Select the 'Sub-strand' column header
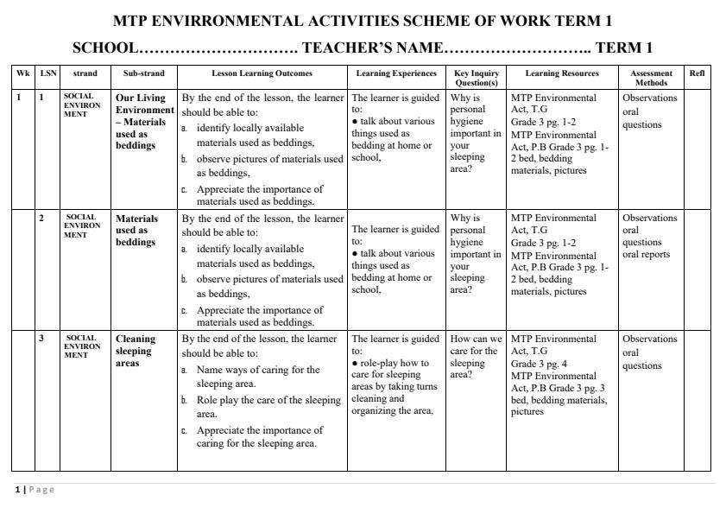(143, 74)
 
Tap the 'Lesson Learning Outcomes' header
(262, 74)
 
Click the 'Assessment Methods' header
(652, 78)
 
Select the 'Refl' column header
(697, 74)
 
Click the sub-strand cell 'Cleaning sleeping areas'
(136, 352)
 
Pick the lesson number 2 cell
(42, 218)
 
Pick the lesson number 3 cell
(42, 339)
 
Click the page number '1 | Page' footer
(35, 490)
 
